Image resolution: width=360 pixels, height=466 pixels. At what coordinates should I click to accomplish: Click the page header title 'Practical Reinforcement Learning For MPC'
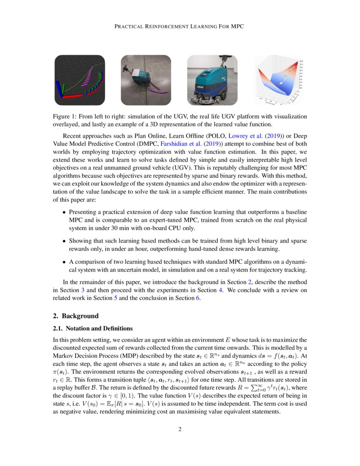[180, 27]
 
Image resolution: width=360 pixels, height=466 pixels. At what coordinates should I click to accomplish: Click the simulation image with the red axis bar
[80, 80]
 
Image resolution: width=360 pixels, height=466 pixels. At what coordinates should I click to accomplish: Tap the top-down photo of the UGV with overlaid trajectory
[146, 80]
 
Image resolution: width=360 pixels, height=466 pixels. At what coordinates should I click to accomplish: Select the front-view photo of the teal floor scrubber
[212, 80]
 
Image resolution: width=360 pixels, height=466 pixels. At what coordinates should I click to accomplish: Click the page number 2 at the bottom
[180, 430]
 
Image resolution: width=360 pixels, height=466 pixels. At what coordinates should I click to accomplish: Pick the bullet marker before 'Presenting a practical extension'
[64, 212]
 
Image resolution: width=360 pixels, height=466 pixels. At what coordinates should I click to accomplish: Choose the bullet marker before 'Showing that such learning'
[64, 241]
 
